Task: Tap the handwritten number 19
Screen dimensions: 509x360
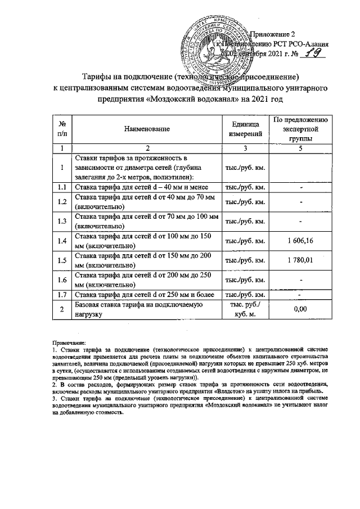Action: [309, 54]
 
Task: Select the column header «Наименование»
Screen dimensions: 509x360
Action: [148, 129]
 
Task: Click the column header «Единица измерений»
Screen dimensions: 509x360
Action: [245, 129]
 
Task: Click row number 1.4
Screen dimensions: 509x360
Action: [62, 241]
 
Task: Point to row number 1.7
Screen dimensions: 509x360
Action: [62, 294]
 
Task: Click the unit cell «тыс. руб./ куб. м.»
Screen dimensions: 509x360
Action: [245, 309]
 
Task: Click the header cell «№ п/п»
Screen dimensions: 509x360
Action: [62, 129]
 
